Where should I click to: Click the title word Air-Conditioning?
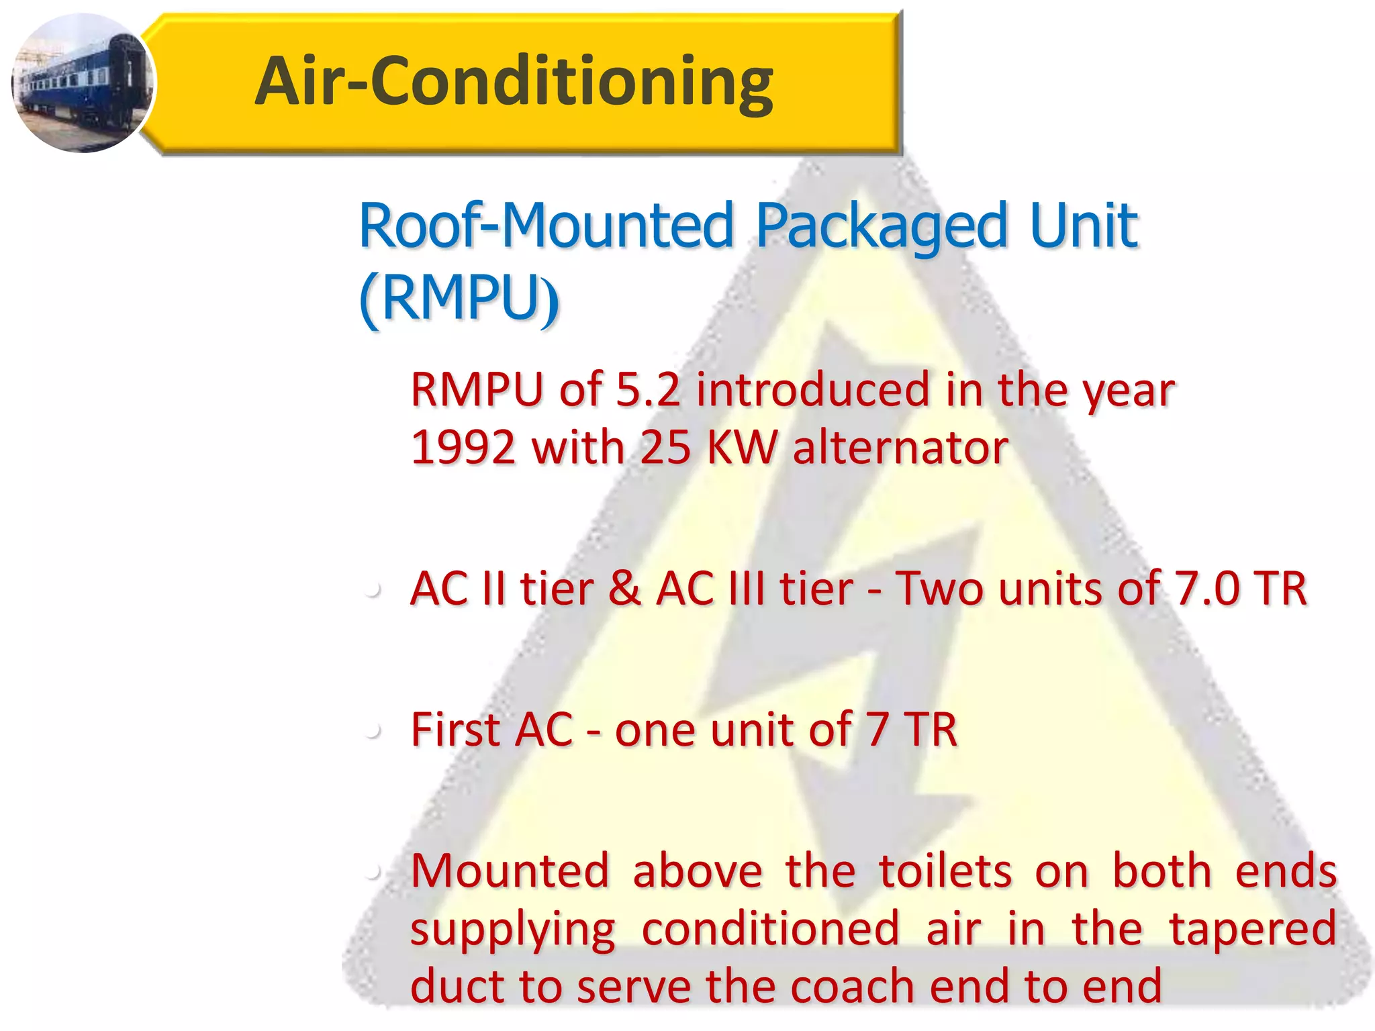(514, 81)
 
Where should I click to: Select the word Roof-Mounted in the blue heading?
(546, 226)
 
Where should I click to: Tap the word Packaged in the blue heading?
(881, 227)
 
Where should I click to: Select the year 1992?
(463, 448)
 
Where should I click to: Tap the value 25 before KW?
(665, 448)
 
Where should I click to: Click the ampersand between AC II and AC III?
(624, 589)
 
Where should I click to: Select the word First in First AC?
(454, 730)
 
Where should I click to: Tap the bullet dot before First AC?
(374, 731)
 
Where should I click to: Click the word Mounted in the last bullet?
(510, 871)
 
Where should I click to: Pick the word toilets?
(945, 871)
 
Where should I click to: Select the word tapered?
(1253, 930)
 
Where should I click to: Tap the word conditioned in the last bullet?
(770, 928)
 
